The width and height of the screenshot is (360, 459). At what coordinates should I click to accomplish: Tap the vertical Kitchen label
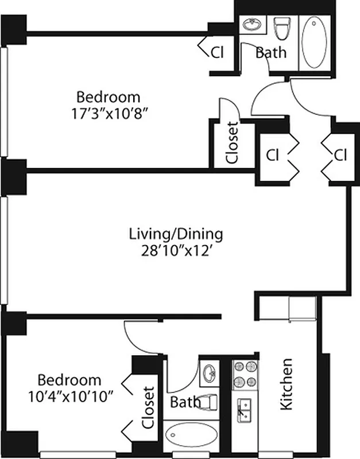286,384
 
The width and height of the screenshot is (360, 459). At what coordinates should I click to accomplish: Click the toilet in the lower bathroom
208,402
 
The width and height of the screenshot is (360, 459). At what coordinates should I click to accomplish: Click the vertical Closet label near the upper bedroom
232,143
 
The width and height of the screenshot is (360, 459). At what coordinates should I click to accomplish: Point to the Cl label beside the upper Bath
216,53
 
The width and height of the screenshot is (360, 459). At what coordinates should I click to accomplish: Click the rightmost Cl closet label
340,155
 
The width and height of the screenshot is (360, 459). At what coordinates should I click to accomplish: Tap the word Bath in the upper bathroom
270,53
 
